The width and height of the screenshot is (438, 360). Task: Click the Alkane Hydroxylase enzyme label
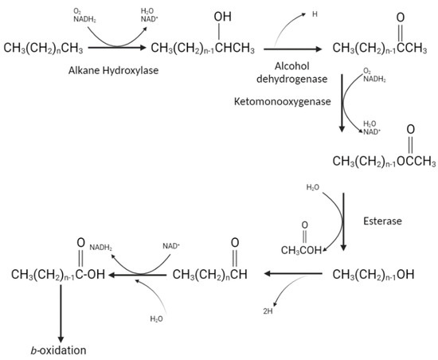click(x=113, y=70)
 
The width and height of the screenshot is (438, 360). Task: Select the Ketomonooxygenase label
click(x=283, y=102)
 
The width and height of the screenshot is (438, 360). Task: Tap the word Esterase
click(x=382, y=221)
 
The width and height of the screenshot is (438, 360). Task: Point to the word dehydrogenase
click(x=292, y=79)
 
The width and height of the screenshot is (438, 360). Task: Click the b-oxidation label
click(x=58, y=350)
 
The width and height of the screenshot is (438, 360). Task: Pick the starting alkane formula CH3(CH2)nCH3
click(x=43, y=48)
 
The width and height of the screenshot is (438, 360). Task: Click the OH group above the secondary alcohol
click(x=223, y=17)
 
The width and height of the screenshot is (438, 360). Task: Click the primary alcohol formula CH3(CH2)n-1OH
click(x=373, y=275)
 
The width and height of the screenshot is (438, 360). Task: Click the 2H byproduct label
click(x=268, y=311)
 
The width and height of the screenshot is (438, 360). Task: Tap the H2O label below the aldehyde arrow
click(x=156, y=319)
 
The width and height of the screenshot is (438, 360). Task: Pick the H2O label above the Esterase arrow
click(x=313, y=187)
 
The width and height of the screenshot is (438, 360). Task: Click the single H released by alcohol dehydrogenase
click(x=315, y=14)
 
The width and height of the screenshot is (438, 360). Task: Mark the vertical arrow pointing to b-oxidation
click(x=61, y=314)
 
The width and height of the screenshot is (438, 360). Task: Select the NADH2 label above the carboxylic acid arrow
click(x=101, y=248)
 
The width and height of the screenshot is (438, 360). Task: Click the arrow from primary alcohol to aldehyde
click(x=293, y=274)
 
